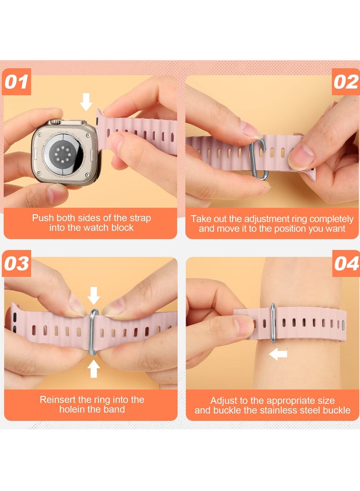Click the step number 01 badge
click(17, 81)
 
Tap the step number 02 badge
click(346, 82)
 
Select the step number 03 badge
click(17, 263)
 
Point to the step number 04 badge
click(346, 263)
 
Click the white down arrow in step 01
click(86, 102)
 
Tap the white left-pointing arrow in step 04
click(278, 354)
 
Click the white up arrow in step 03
click(94, 369)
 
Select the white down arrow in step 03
click(94, 295)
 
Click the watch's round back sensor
click(63, 153)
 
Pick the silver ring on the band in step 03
click(93, 332)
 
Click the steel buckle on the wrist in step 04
click(273, 323)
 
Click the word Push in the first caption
click(43, 218)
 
